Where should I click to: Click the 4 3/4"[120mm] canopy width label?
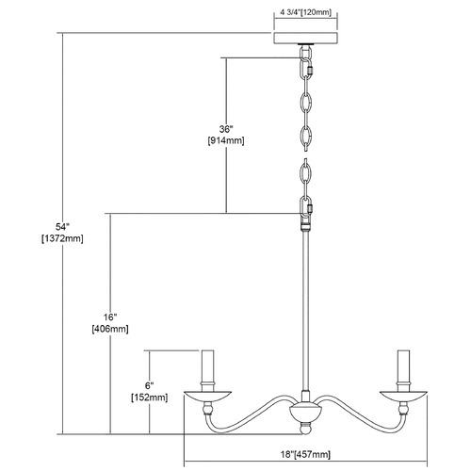pyautogui.click(x=306, y=13)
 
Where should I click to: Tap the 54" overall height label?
pyautogui.click(x=62, y=227)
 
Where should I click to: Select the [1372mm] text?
pyautogui.click(x=62, y=238)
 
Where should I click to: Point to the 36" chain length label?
pyautogui.click(x=226, y=129)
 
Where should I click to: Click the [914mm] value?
pyautogui.click(x=226, y=140)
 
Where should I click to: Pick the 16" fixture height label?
pyautogui.click(x=110, y=317)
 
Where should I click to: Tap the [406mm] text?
pyautogui.click(x=110, y=329)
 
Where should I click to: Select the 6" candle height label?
pyautogui.click(x=150, y=385)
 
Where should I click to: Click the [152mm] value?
pyautogui.click(x=150, y=398)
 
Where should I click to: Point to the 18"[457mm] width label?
pyautogui.click(x=305, y=454)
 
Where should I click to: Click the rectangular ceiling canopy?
pyautogui.click(x=306, y=39)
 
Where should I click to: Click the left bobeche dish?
pyautogui.click(x=207, y=396)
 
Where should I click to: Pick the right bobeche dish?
pyautogui.click(x=403, y=396)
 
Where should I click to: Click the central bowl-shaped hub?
pyautogui.click(x=305, y=413)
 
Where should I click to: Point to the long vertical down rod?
pyautogui.click(x=305, y=311)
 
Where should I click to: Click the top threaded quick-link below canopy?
pyautogui.click(x=306, y=71)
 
